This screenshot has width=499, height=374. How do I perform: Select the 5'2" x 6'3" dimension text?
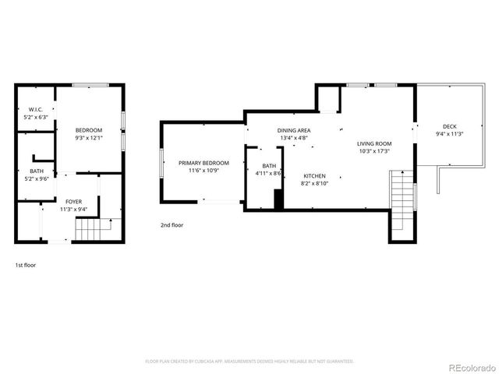tap(36, 117)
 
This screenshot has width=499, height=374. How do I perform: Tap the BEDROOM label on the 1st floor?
tap(90, 129)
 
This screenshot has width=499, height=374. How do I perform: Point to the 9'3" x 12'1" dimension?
tap(90, 138)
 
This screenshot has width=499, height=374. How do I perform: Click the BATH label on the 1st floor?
tap(36, 171)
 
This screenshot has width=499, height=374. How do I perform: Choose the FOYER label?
tap(73, 201)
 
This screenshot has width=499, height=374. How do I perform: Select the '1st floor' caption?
tap(25, 265)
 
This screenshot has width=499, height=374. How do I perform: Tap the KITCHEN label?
tap(314, 175)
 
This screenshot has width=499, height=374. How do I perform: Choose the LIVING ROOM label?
tap(374, 143)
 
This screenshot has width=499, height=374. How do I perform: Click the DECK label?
tap(450, 126)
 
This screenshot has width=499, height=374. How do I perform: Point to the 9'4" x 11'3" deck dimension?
tap(450, 134)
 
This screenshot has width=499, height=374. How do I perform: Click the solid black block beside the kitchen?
tap(278, 199)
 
